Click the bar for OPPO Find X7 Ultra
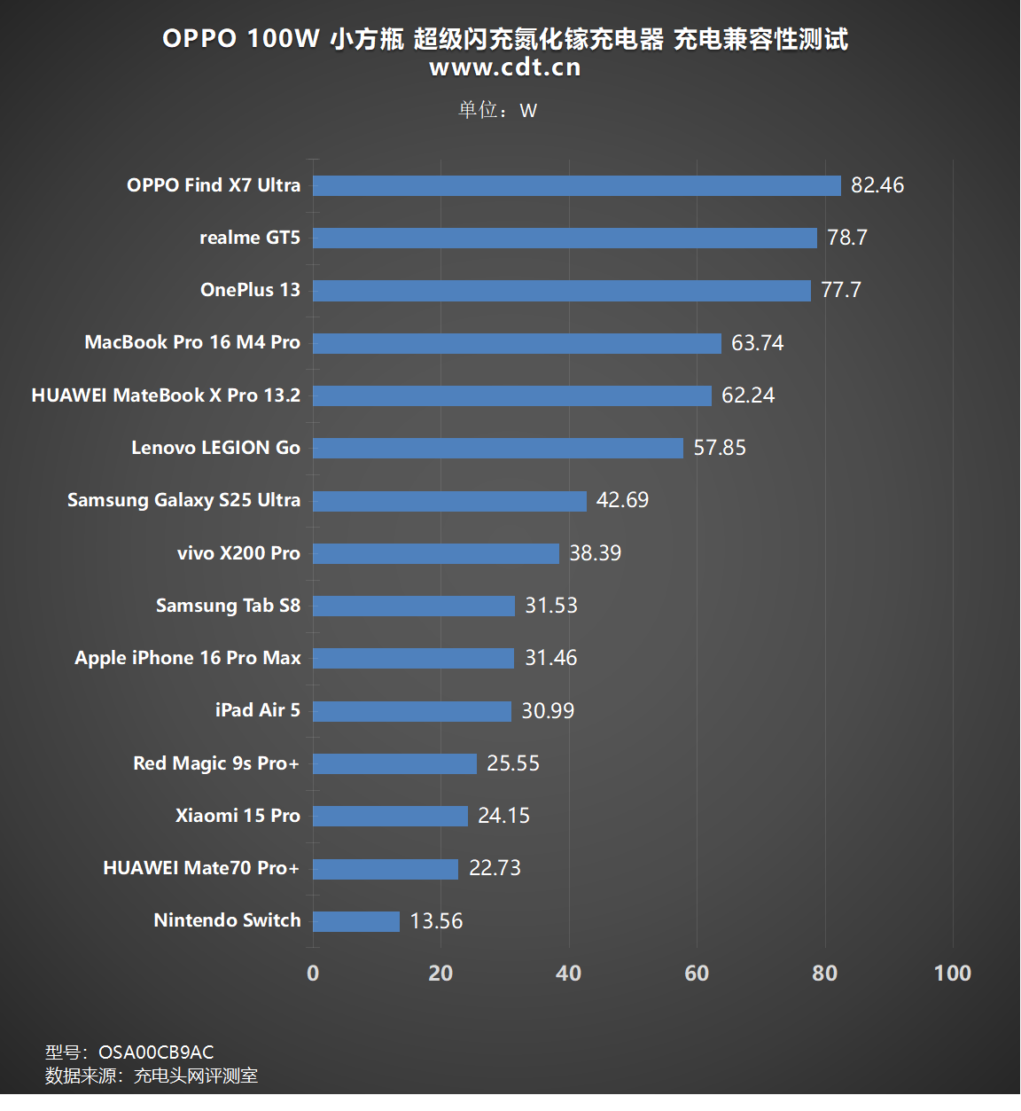point(576,185)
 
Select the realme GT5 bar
point(565,238)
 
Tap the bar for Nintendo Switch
point(356,921)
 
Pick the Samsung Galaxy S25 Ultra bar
point(449,501)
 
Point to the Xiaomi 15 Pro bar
point(390,816)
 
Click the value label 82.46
point(877,185)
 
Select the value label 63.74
point(758,343)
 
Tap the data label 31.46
point(550,658)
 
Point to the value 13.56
point(436,921)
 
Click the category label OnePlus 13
point(250,290)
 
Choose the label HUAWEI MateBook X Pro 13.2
point(166,395)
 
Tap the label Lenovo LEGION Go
point(215,448)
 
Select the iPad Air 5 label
point(257,710)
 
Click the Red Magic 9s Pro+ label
point(216,763)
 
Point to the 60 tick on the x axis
point(697,974)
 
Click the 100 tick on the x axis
point(953,974)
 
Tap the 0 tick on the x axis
point(313,974)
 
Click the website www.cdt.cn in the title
point(505,67)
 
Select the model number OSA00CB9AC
point(156,1052)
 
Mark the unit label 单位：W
point(497,110)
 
